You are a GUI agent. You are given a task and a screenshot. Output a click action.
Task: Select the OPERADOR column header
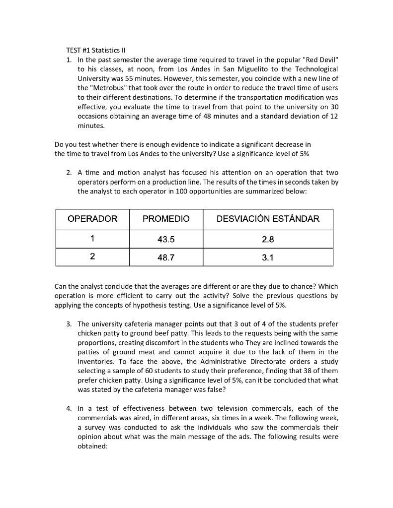point(92,219)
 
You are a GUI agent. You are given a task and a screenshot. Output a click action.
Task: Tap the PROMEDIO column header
point(166,219)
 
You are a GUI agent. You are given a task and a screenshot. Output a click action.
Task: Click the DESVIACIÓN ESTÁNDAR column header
point(268,219)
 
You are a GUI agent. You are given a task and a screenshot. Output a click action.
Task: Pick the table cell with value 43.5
point(166,240)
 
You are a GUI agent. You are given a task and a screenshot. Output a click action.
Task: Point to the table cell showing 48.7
point(166,257)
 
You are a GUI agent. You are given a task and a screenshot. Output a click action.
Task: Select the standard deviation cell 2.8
point(268,240)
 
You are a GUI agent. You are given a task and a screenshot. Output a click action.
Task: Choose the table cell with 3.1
point(268,257)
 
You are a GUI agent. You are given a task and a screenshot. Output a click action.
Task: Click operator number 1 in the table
point(92,239)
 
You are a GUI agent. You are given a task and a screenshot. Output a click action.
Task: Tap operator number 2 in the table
point(92,257)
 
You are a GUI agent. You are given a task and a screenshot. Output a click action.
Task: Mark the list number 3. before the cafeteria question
point(70,324)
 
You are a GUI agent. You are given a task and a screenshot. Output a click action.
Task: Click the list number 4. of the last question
point(70,408)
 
